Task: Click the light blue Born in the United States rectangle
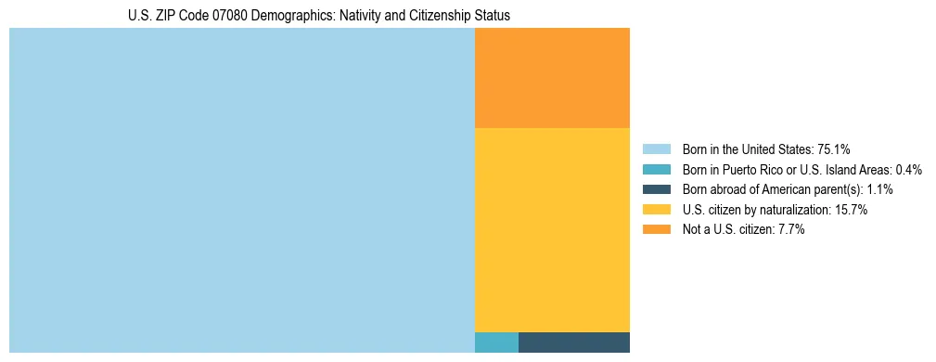pyautogui.click(x=241, y=190)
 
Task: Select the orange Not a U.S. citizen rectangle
pyautogui.click(x=552, y=78)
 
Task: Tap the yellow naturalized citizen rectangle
pyautogui.click(x=552, y=229)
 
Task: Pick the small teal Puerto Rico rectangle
pyautogui.click(x=496, y=343)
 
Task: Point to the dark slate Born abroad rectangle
pyautogui.click(x=574, y=343)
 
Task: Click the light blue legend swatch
pyautogui.click(x=656, y=149)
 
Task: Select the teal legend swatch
pyautogui.click(x=656, y=170)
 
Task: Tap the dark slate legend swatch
pyautogui.click(x=656, y=189)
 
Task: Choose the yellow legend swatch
pyautogui.click(x=656, y=210)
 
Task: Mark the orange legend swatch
pyautogui.click(x=656, y=230)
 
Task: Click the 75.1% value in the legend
pyautogui.click(x=834, y=149)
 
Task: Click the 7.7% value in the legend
pyautogui.click(x=789, y=230)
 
